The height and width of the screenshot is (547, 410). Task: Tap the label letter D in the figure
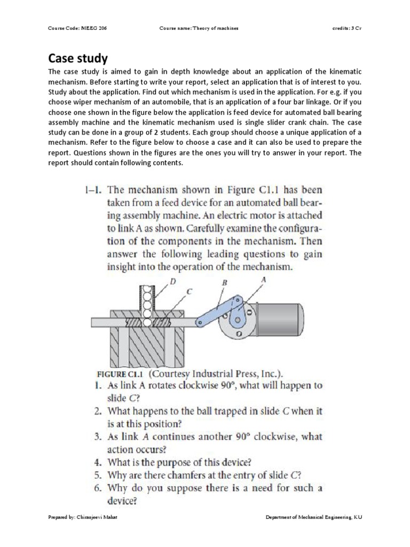(172, 280)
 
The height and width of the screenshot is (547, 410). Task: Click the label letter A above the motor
(264, 279)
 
